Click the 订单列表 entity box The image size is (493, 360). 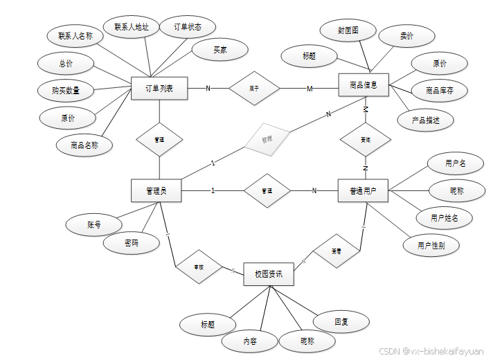pos(159,89)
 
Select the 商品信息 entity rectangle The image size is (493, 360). pos(364,86)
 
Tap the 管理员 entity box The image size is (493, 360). pos(156,190)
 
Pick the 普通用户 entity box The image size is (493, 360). pos(363,190)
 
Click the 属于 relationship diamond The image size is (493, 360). pos(254,89)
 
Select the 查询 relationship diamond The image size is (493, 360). pos(365,140)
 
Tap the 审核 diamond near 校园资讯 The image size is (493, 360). pos(199,267)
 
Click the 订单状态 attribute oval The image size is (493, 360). pos(186,28)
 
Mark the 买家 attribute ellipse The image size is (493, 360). pos(219,50)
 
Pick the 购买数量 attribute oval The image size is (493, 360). pos(65,91)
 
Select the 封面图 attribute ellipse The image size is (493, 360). pos(348,31)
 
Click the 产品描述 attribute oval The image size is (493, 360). pos(425,120)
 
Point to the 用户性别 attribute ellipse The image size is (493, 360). pos(431,245)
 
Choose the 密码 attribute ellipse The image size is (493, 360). pos(131,244)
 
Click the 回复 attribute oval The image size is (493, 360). pos(341,321)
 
